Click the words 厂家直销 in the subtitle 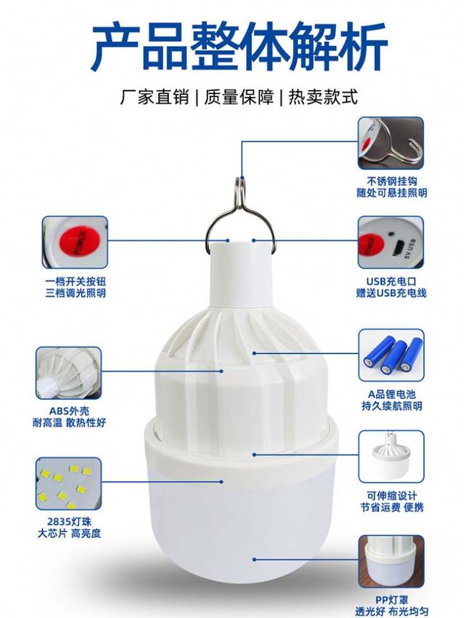coord(155,98)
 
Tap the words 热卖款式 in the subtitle coord(323,98)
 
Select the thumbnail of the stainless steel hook coord(391,142)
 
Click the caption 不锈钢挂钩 coord(391,182)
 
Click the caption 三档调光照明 coord(75,294)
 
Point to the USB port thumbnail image coord(391,242)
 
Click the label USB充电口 coord(391,282)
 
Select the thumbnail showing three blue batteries coord(391,355)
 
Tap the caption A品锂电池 coord(391,395)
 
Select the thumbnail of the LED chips coord(68,483)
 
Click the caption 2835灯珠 coord(68,521)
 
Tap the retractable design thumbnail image coord(391,456)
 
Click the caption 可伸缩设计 coord(391,496)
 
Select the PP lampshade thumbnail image coord(391,561)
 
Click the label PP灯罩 coord(391,600)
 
